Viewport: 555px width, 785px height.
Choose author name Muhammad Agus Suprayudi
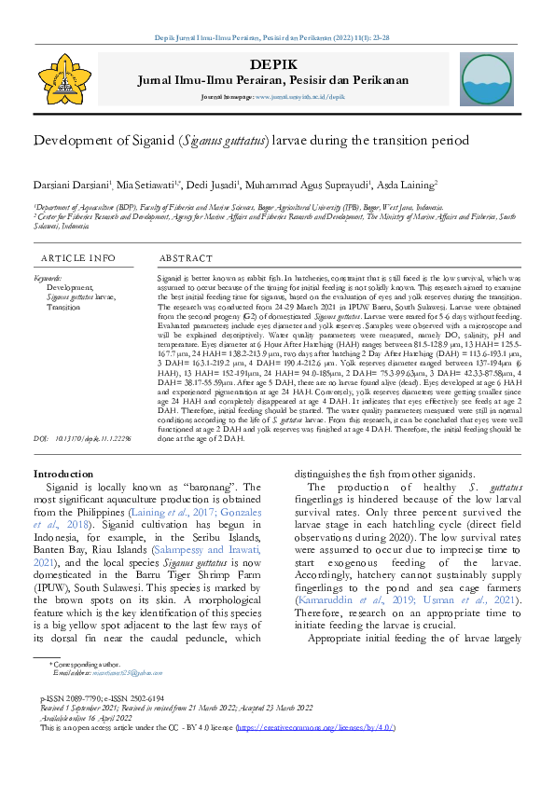click(x=301, y=185)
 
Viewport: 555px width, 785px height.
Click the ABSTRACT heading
click(x=187, y=258)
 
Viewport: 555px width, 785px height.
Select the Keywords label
click(x=48, y=278)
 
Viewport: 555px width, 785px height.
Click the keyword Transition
click(x=63, y=306)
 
